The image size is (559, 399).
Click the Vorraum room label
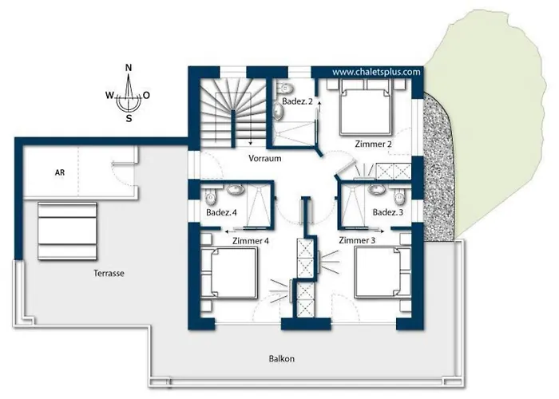(265, 158)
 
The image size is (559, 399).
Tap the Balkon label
(282, 358)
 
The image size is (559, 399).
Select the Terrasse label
(109, 273)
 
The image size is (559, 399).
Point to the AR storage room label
(60, 172)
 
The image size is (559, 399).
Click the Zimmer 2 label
(373, 144)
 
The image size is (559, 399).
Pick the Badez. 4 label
(221, 213)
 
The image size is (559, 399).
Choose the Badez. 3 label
(388, 212)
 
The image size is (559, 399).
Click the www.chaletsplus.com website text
(376, 72)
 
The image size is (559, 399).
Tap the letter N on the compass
(129, 68)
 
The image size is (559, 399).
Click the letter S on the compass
(129, 119)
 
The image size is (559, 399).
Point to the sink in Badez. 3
(376, 189)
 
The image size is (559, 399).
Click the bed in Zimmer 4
(229, 273)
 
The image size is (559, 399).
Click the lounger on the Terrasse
(67, 231)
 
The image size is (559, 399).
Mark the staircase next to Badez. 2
(232, 113)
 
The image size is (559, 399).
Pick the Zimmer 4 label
(251, 241)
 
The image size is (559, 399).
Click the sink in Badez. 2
(279, 111)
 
